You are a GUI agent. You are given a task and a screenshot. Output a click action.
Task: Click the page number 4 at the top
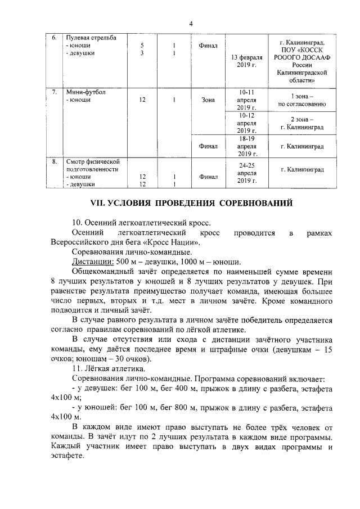click(x=191, y=24)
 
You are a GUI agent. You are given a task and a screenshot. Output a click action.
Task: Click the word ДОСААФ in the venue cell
click(x=318, y=57)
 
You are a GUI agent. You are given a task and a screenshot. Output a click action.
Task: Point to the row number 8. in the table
click(x=55, y=161)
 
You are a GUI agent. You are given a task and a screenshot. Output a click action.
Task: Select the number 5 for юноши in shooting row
click(x=142, y=45)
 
